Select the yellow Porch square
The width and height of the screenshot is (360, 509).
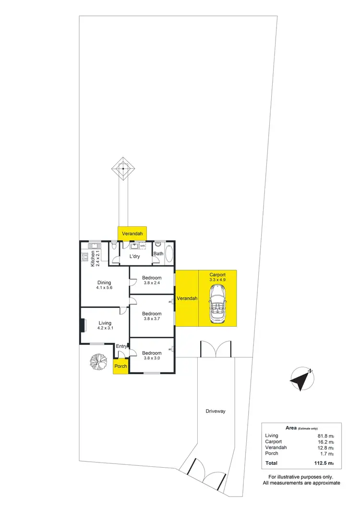[120, 366]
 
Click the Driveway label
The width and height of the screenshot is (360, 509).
[216, 411]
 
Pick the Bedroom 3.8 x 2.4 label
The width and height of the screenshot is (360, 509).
[152, 280]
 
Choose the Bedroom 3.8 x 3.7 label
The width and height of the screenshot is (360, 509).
[152, 316]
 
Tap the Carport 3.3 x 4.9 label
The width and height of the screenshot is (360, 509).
[217, 277]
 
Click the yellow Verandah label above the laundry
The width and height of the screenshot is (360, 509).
[132, 234]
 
